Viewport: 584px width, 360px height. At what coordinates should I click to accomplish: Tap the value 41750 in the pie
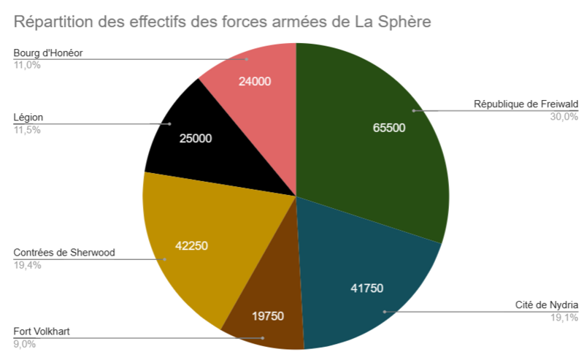(x=367, y=288)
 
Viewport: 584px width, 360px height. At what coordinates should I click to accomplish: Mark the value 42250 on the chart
(x=192, y=245)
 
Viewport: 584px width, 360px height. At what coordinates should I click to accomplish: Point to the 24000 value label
(x=255, y=81)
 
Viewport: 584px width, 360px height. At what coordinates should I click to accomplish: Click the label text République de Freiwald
(x=526, y=104)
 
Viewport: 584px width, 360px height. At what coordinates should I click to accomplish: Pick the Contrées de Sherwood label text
(x=64, y=253)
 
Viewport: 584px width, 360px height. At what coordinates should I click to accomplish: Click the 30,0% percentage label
(x=564, y=116)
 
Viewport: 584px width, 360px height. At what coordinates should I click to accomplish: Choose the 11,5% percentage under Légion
(x=26, y=130)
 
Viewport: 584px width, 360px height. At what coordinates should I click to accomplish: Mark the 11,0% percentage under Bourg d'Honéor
(x=26, y=65)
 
